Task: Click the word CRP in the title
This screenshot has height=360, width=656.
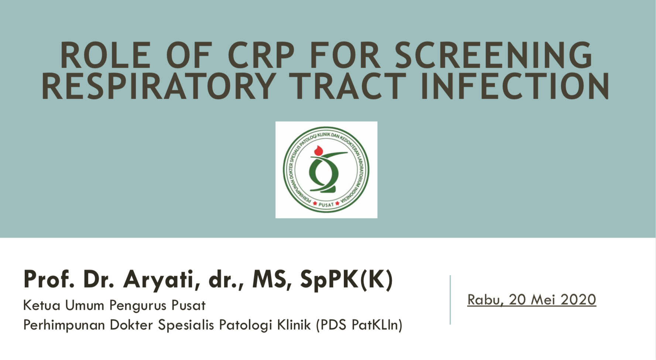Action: click(261, 55)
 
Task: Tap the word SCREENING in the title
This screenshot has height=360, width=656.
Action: click(494, 55)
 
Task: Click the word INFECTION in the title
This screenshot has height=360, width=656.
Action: click(515, 86)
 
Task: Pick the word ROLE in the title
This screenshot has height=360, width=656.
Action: click(106, 55)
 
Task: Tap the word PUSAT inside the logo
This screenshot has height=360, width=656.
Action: click(326, 204)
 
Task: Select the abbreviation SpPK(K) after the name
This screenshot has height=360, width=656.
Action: click(346, 280)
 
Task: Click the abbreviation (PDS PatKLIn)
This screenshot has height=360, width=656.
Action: click(359, 325)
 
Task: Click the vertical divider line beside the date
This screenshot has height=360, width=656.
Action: click(450, 300)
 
